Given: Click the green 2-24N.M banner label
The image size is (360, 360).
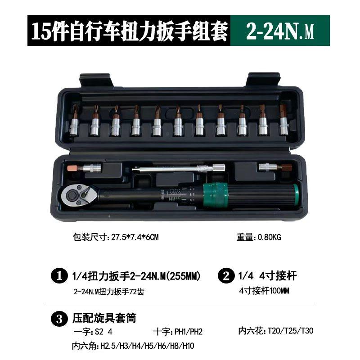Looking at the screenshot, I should (x=279, y=30).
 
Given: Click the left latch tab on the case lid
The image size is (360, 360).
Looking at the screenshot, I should (x=95, y=81).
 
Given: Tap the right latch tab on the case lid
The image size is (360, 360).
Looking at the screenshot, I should (x=263, y=81).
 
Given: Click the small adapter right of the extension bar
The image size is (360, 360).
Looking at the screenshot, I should (x=275, y=168).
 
